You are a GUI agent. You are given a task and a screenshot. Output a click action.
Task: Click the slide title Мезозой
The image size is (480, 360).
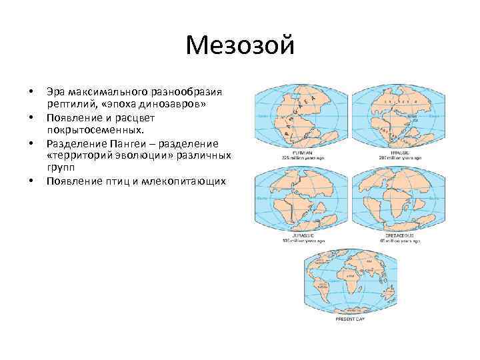[x=240, y=46]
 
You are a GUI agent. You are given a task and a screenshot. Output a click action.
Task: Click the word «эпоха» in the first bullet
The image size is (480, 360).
[x=117, y=105]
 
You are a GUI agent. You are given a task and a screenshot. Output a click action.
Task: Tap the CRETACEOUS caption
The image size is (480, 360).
[x=391, y=235]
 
